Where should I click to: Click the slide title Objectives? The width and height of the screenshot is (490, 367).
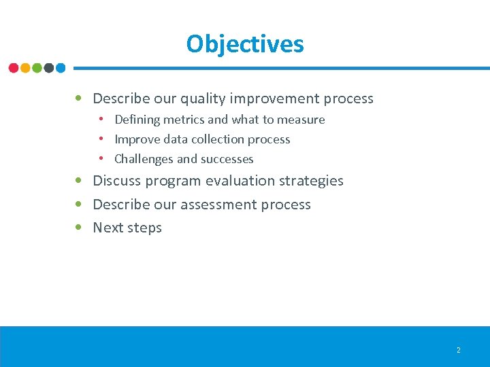pyautogui.click(x=245, y=44)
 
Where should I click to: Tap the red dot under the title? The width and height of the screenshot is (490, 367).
pyautogui.click(x=14, y=68)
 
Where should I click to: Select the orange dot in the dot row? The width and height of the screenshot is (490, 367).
pyautogui.click(x=25, y=68)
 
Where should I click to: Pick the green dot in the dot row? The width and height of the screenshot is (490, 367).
pyautogui.click(x=37, y=68)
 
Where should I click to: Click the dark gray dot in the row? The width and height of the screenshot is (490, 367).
pyautogui.click(x=49, y=68)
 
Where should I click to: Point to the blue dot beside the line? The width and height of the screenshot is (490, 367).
pyautogui.click(x=61, y=68)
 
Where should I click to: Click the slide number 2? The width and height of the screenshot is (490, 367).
pyautogui.click(x=458, y=350)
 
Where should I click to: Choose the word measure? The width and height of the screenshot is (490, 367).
pyautogui.click(x=301, y=120)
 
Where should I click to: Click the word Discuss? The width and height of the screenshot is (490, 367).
pyautogui.click(x=116, y=181)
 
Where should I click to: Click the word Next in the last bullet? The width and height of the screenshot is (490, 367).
pyautogui.click(x=107, y=228)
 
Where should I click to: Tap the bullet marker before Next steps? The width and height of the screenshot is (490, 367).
pyautogui.click(x=80, y=228)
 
